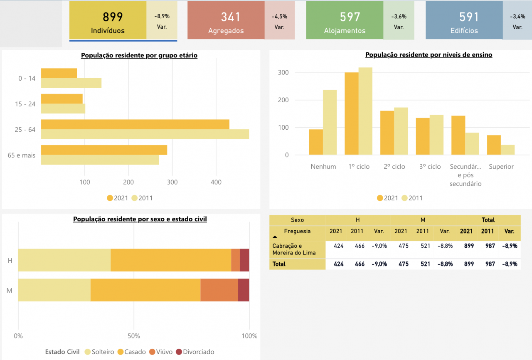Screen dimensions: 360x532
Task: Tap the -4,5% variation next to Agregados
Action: coord(279,17)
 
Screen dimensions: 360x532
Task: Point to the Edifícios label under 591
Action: coord(464,31)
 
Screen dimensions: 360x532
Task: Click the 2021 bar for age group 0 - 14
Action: coord(59,73)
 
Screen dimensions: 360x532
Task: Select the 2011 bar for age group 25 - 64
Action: coord(145,134)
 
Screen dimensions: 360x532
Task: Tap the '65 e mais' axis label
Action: coord(21,155)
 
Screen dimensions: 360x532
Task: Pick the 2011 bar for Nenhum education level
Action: coord(330,122)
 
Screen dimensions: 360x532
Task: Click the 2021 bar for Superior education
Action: coord(494,145)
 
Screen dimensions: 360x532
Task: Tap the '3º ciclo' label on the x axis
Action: coord(430,167)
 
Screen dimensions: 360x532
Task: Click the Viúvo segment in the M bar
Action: coord(219,290)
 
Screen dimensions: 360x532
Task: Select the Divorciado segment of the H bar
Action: coord(244,260)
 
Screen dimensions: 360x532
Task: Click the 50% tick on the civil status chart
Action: coord(133,336)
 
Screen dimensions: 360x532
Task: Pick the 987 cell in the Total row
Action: coord(490,264)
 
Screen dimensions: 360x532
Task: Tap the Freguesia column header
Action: coord(297,231)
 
